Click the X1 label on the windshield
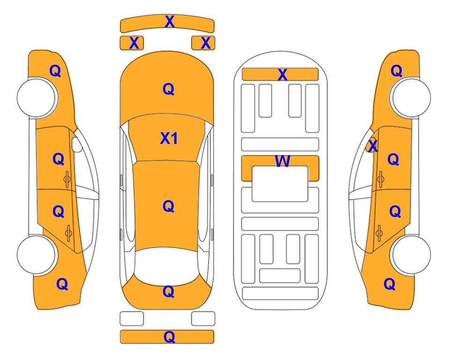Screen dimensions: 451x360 click(169, 138)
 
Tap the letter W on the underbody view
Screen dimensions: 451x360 click(282, 161)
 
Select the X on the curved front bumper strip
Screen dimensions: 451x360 click(170, 22)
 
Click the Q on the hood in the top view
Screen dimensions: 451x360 click(169, 89)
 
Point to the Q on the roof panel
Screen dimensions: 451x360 click(169, 206)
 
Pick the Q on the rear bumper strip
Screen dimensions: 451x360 click(169, 337)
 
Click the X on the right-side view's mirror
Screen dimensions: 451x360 click(373, 145)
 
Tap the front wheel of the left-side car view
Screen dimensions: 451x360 click(37, 98)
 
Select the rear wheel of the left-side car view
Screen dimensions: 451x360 click(37, 255)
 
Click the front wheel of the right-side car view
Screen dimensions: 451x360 click(411, 98)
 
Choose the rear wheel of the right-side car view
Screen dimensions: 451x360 click(411, 255)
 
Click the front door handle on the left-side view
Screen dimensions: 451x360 click(67, 180)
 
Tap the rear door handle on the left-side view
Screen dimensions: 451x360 click(68, 233)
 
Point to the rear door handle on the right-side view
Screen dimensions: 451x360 click(379, 233)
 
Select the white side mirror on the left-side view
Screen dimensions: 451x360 click(77, 144)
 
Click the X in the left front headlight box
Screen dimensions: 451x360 click(134, 43)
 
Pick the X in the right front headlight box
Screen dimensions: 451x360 click(206, 43)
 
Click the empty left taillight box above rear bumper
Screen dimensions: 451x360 click(132, 319)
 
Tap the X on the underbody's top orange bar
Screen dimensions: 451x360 click(282, 75)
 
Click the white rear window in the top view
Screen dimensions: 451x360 click(167, 266)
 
